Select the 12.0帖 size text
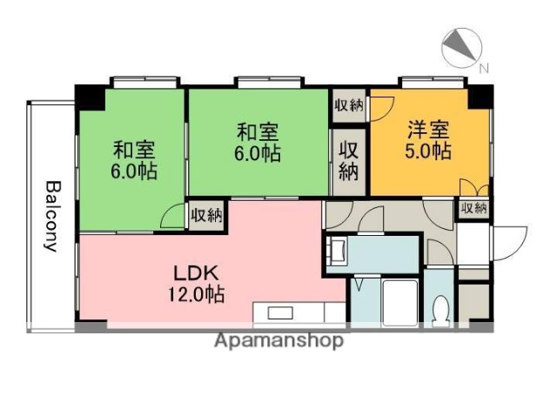196,294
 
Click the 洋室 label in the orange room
428,130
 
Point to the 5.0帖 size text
428,151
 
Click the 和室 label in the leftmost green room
134,149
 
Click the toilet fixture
441,310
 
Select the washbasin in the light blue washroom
338,252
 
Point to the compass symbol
461,47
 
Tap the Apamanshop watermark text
278,340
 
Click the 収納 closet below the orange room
474,209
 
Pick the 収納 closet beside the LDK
206,214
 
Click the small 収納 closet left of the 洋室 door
348,106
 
